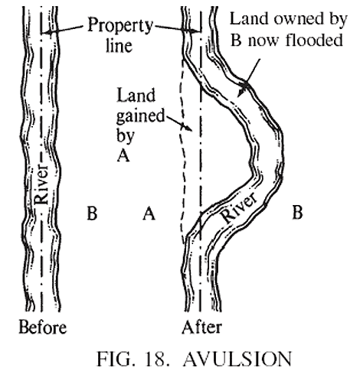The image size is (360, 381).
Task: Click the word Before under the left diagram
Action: tap(42, 328)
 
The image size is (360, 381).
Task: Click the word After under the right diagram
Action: tap(201, 328)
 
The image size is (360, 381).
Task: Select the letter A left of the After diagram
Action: tap(149, 215)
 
